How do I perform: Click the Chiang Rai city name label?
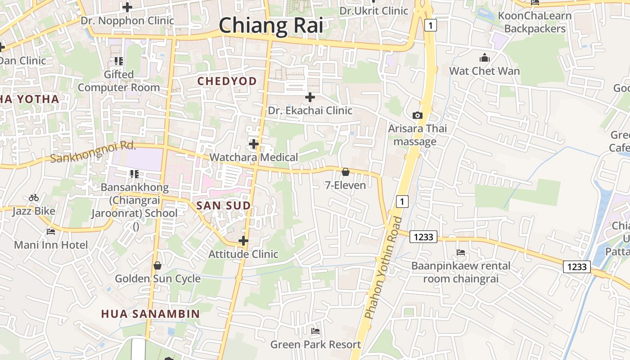tap(271, 25)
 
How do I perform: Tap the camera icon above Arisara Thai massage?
tap(418, 115)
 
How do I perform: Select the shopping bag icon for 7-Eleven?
tap(345, 172)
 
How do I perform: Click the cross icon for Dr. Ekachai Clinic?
tap(310, 97)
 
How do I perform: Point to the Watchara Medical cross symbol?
tap(254, 144)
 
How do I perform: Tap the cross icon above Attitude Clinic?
tap(243, 241)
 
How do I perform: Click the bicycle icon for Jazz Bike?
tap(34, 198)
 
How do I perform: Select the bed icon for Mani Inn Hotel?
tap(51, 232)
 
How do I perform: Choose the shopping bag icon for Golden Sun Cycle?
tap(157, 265)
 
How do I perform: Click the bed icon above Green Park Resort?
tap(315, 331)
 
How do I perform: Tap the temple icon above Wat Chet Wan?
tap(484, 58)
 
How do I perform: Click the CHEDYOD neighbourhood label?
tap(227, 81)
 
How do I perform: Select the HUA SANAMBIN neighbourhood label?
tap(150, 314)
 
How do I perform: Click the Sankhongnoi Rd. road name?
tap(93, 152)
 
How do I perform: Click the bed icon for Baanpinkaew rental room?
tap(460, 252)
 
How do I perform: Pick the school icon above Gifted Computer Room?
tap(119, 61)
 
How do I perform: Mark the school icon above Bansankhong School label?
tap(134, 174)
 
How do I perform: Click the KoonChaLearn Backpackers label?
tap(535, 22)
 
